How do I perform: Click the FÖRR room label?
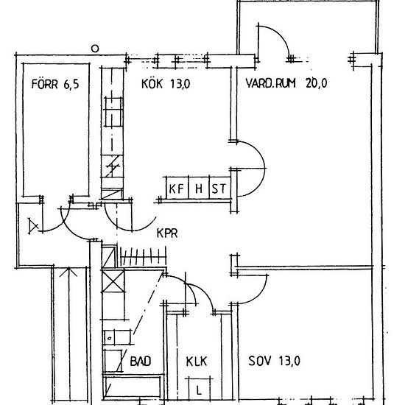click(44, 84)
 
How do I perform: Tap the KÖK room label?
click(152, 84)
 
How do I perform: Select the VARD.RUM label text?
click(270, 83)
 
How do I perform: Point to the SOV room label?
click(260, 361)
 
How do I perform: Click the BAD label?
click(141, 361)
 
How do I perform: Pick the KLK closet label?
click(197, 362)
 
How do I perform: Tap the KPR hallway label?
click(167, 233)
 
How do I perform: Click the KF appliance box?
click(177, 188)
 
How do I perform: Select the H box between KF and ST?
click(199, 188)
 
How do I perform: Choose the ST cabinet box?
click(219, 188)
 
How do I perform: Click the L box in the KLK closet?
click(198, 390)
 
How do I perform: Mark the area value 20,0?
click(317, 83)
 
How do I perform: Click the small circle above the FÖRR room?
click(95, 49)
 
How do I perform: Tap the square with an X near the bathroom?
click(113, 281)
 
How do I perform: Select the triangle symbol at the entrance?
click(33, 226)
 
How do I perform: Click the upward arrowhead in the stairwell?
click(68, 272)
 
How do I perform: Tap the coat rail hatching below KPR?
click(143, 256)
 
